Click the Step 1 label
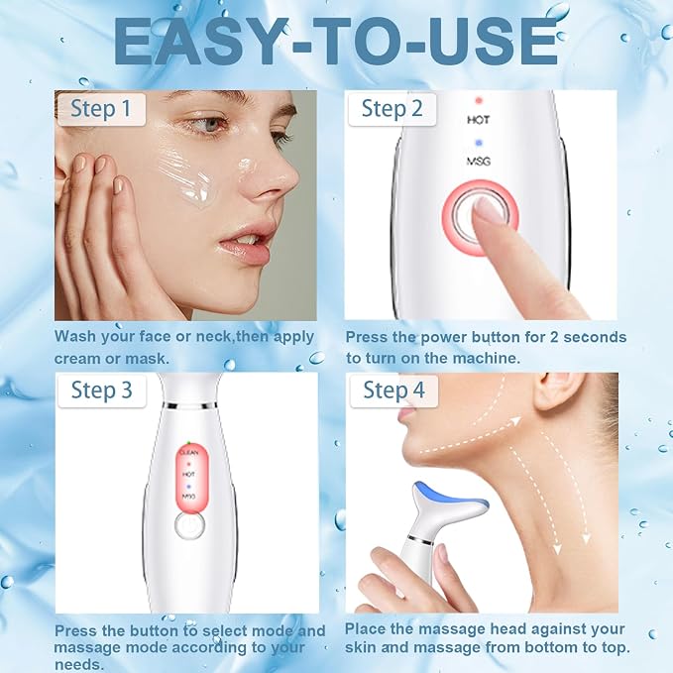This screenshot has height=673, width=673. [x=101, y=109]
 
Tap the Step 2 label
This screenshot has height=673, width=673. [x=392, y=109]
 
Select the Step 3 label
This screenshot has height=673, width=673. [x=102, y=391]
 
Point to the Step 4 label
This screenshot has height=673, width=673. [x=393, y=391]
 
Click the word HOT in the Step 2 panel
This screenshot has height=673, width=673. [x=479, y=120]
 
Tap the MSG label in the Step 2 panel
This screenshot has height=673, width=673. [x=478, y=162]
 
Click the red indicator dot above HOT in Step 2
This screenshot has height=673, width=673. [x=479, y=101]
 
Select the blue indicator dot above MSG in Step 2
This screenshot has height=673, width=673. [x=479, y=144]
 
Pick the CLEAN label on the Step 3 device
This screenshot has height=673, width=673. [x=189, y=452]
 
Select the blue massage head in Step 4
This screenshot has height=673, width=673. [x=450, y=497]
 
